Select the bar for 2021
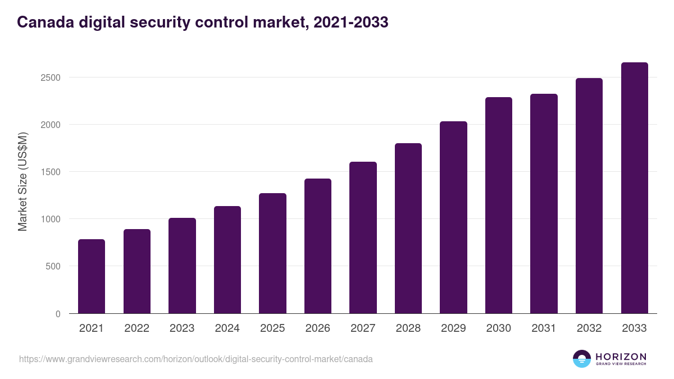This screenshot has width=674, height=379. coord(92,276)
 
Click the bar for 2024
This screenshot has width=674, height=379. coord(227,260)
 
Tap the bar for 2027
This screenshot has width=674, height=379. coord(363,238)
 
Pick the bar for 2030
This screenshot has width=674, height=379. coord(499,206)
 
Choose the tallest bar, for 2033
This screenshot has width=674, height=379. coord(634,188)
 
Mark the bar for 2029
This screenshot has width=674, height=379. coord(453,217)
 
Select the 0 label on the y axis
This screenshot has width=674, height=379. coord(58,314)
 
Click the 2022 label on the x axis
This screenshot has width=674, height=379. coord(136,328)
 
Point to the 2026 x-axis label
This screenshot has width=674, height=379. coord(318,328)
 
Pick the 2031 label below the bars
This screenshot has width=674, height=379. coord(544,328)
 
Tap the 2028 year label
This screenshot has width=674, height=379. coord(408,328)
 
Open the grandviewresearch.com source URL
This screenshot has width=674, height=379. coord(196,359)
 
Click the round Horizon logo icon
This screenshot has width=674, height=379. coord(582,359)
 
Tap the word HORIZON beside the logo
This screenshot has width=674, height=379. coord(621,356)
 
